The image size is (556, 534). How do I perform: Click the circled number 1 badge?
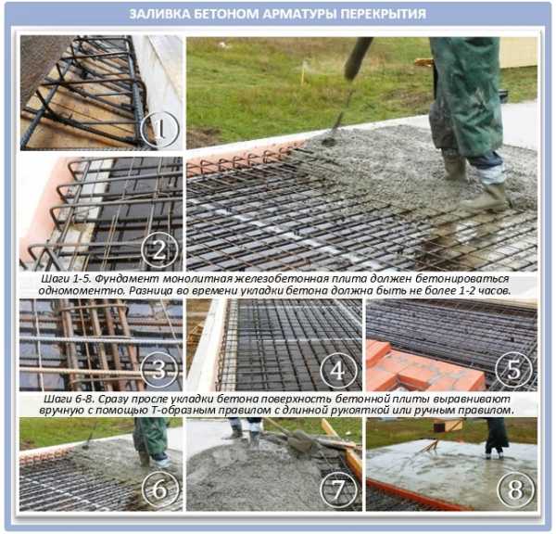[159, 130]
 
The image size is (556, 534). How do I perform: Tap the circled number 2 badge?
[159, 250]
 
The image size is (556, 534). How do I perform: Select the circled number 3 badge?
[159, 370]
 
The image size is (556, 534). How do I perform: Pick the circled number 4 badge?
[338, 370]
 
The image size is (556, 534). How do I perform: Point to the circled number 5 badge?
[514, 369]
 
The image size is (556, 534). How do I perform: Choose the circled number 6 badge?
[160, 489]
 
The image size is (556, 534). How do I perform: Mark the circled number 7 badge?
[338, 489]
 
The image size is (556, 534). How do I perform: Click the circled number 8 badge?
[516, 489]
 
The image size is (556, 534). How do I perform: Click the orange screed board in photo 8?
[419, 494]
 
